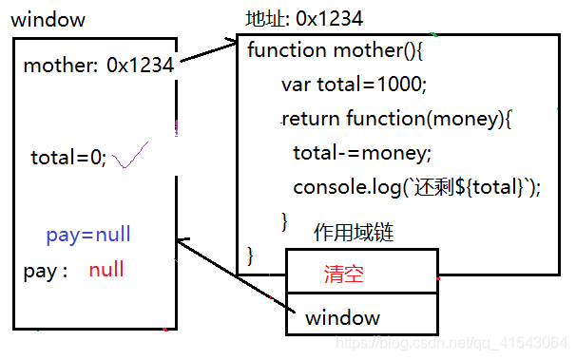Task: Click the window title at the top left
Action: [x=48, y=19]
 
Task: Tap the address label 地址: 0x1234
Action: [x=303, y=19]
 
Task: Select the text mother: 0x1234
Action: [x=98, y=66]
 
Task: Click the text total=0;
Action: [x=68, y=158]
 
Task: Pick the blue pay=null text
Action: [x=88, y=235]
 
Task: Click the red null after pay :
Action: [x=106, y=270]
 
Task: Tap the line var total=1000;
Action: [x=355, y=85]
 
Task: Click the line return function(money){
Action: [x=397, y=119]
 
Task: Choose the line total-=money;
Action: [x=361, y=153]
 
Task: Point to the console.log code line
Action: [x=416, y=187]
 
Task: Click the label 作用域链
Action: [x=354, y=233]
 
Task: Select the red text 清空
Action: [x=344, y=275]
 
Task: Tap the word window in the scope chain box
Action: [x=342, y=317]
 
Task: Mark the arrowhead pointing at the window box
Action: [x=182, y=244]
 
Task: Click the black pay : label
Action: [x=45, y=271]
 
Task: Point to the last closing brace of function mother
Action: [x=251, y=255]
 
